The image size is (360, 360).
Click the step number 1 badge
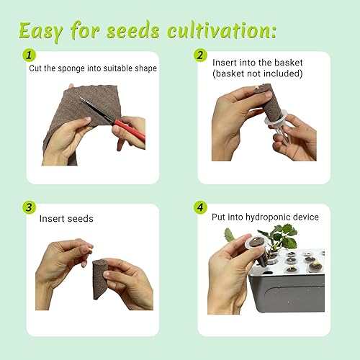coord(30,55)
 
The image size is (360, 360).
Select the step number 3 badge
coord(30,207)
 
